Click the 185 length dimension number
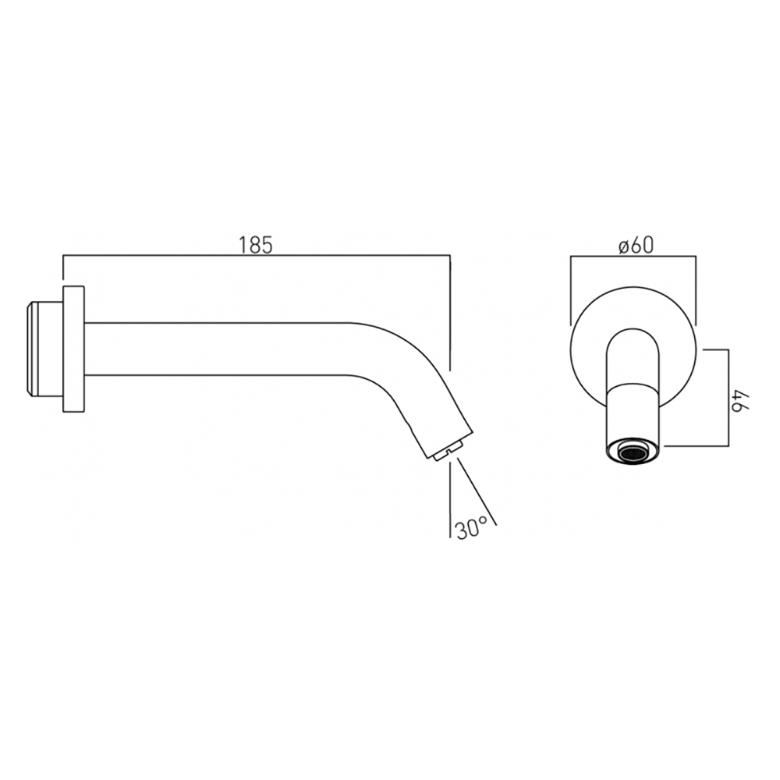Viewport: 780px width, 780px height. coord(256,245)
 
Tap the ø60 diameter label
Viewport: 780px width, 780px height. coord(634,245)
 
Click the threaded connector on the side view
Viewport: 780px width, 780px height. coord(41,349)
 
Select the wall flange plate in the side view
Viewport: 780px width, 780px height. coord(73,349)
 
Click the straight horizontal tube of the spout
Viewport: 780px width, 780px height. coord(218,349)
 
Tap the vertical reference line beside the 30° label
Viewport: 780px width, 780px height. coord(452,499)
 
